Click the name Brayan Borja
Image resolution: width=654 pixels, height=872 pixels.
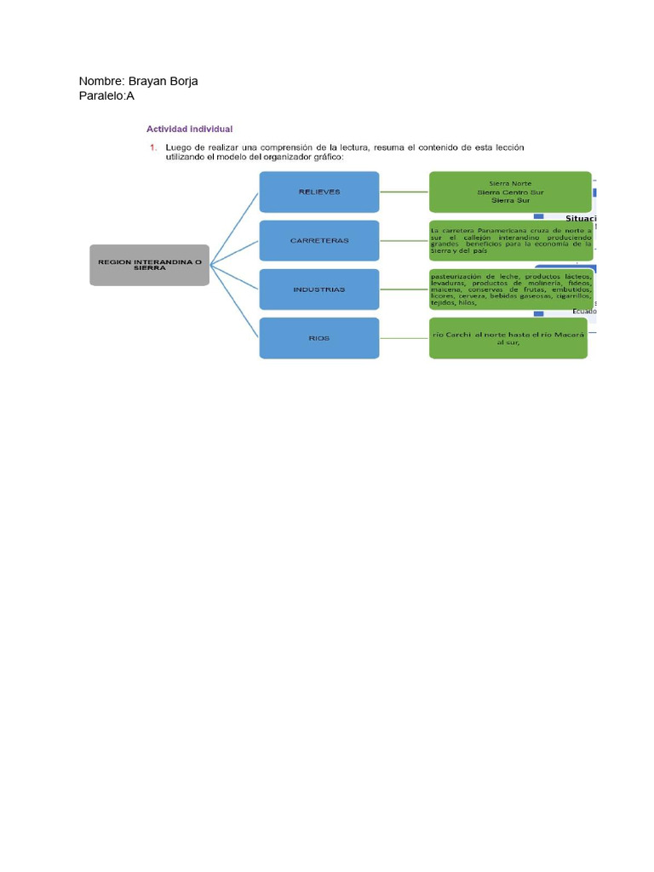163,81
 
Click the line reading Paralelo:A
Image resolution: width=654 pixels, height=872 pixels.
106,96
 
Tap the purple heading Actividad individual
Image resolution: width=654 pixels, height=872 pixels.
189,129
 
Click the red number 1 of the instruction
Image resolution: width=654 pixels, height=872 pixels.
153,147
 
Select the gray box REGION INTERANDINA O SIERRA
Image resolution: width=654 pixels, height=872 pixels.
149,265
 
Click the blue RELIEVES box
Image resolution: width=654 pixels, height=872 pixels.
319,192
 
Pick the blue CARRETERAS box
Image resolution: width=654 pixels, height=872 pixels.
319,240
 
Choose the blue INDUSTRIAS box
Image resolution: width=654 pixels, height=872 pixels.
319,290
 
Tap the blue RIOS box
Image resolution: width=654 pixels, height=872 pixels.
319,338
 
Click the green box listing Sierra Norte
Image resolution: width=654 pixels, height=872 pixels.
509,192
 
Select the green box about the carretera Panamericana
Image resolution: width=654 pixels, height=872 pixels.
509,240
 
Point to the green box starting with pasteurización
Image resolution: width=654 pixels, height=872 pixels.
509,290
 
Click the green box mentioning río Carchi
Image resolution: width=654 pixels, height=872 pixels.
509,338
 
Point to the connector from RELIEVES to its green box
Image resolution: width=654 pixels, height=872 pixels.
404,192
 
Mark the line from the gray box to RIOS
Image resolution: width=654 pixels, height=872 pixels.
234,301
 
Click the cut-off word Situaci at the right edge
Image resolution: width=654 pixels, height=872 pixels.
581,219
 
